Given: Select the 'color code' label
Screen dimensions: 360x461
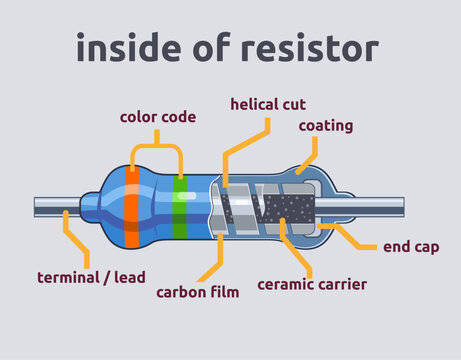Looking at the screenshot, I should click(x=158, y=117).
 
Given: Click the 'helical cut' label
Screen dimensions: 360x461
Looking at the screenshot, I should click(x=268, y=103).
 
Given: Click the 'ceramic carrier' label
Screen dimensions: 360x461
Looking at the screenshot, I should click(x=312, y=285).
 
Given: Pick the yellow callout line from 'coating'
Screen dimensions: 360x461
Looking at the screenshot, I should click(x=308, y=157).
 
